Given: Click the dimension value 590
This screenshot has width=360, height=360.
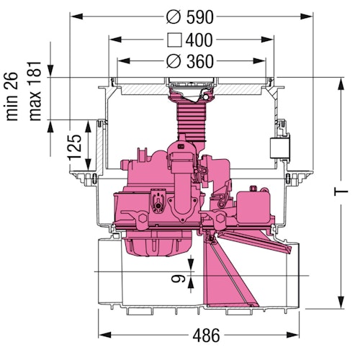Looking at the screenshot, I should (199, 16).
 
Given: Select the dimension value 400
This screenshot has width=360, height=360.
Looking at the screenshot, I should (199, 39).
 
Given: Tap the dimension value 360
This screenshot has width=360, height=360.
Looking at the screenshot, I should (199, 62).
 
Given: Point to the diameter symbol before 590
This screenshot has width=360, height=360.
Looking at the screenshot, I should (171, 16).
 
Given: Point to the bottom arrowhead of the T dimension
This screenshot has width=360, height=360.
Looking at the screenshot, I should (339, 302).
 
